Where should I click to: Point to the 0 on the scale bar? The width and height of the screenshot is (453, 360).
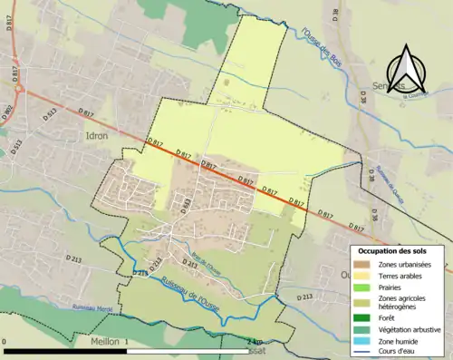5,342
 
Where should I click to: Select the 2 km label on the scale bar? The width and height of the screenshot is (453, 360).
253,342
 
